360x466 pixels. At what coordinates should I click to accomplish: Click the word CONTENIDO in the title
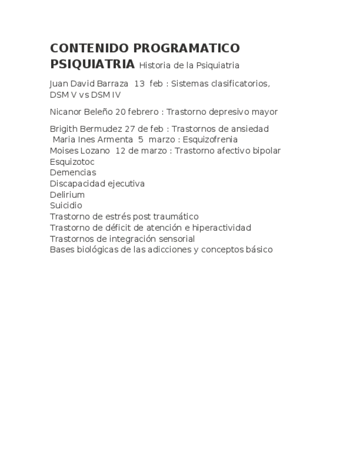pos(89,48)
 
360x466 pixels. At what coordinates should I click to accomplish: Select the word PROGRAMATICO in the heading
pos(186,48)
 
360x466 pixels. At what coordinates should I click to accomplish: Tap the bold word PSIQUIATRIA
pos(92,64)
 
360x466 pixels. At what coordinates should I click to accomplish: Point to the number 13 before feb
pos(139,84)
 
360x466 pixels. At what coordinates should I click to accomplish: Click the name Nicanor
pos(65,112)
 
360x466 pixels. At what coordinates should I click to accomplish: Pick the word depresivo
pos(226,112)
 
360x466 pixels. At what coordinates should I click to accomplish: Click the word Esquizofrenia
pos(210,140)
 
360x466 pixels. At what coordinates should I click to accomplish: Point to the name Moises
pos(63,151)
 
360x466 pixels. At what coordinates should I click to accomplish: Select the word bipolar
pos(265,151)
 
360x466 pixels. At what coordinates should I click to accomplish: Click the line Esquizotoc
pos(72,162)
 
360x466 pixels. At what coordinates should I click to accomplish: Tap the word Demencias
pos(73,173)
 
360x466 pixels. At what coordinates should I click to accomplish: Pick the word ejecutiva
pos(126,184)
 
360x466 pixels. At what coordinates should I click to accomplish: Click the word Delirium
pos(67,195)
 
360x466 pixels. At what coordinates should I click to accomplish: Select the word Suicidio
pos(66,206)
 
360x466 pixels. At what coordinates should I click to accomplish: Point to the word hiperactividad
pos(221,228)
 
